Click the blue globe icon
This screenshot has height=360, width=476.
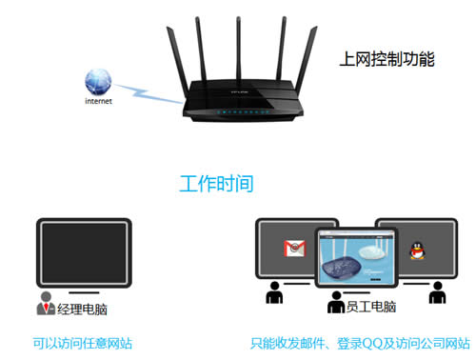coord(98,80)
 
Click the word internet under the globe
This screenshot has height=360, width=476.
coord(99,100)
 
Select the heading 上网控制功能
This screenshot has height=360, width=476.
coord(387,59)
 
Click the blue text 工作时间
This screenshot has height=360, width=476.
coord(217,183)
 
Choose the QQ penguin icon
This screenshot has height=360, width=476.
coord(415,250)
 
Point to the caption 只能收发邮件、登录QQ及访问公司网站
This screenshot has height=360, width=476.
coord(360,342)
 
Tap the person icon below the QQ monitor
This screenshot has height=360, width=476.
coord(437,295)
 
